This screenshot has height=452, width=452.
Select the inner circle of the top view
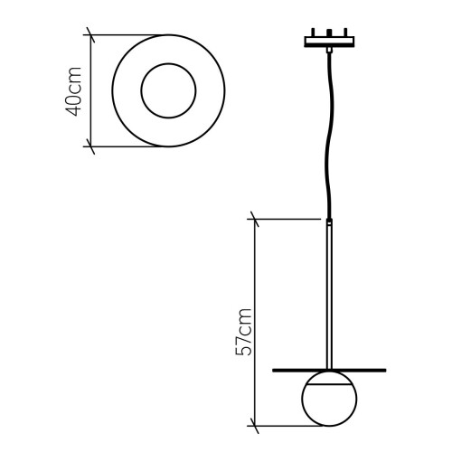[x=167, y=89]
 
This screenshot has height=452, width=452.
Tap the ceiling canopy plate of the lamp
[x=332, y=42]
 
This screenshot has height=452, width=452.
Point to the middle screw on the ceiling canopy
[x=332, y=34]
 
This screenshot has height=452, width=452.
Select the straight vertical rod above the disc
[x=330, y=289]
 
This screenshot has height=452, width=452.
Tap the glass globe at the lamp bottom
[x=330, y=402]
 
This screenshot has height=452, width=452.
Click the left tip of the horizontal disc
[x=274, y=370]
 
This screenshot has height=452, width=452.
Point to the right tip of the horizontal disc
[x=386, y=370]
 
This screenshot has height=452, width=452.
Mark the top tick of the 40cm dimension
[x=89, y=35]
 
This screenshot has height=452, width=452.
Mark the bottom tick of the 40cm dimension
[x=89, y=144]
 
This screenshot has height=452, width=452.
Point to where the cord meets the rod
[x=330, y=219]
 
